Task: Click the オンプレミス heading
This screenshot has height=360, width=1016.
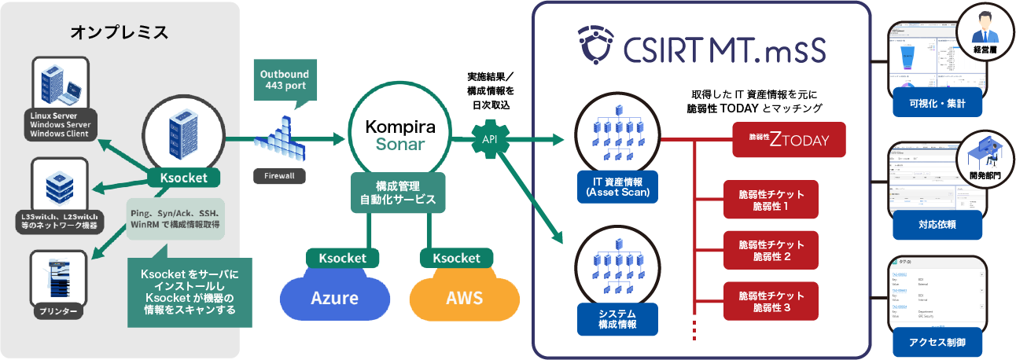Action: (120, 33)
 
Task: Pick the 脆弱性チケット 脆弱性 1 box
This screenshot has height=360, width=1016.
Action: (771, 200)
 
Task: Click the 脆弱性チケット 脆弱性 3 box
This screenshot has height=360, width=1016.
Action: (771, 302)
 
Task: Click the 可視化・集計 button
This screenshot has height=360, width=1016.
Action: (937, 103)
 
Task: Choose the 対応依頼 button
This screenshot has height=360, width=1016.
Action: (937, 224)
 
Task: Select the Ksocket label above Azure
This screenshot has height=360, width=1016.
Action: (344, 257)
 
